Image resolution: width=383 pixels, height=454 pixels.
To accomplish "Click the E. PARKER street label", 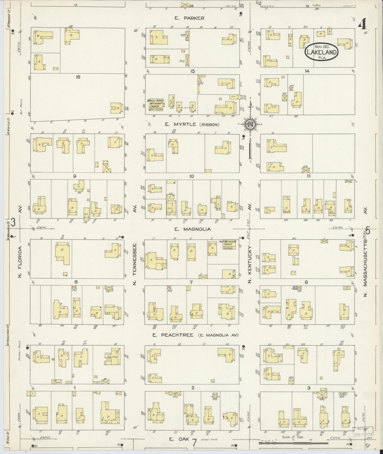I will point(189,18).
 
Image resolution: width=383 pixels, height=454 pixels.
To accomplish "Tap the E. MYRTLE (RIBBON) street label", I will point(192,124).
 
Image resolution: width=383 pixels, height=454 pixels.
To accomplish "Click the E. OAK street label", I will point(179,439).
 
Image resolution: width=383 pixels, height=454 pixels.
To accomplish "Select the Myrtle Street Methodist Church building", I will point(155,104).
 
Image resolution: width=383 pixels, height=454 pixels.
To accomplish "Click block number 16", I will point(78,77).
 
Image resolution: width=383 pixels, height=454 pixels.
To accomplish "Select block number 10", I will point(192,176).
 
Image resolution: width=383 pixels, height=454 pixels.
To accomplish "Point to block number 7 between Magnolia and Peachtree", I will point(191,282).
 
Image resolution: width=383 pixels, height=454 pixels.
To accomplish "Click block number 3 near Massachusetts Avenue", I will point(309,388).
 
